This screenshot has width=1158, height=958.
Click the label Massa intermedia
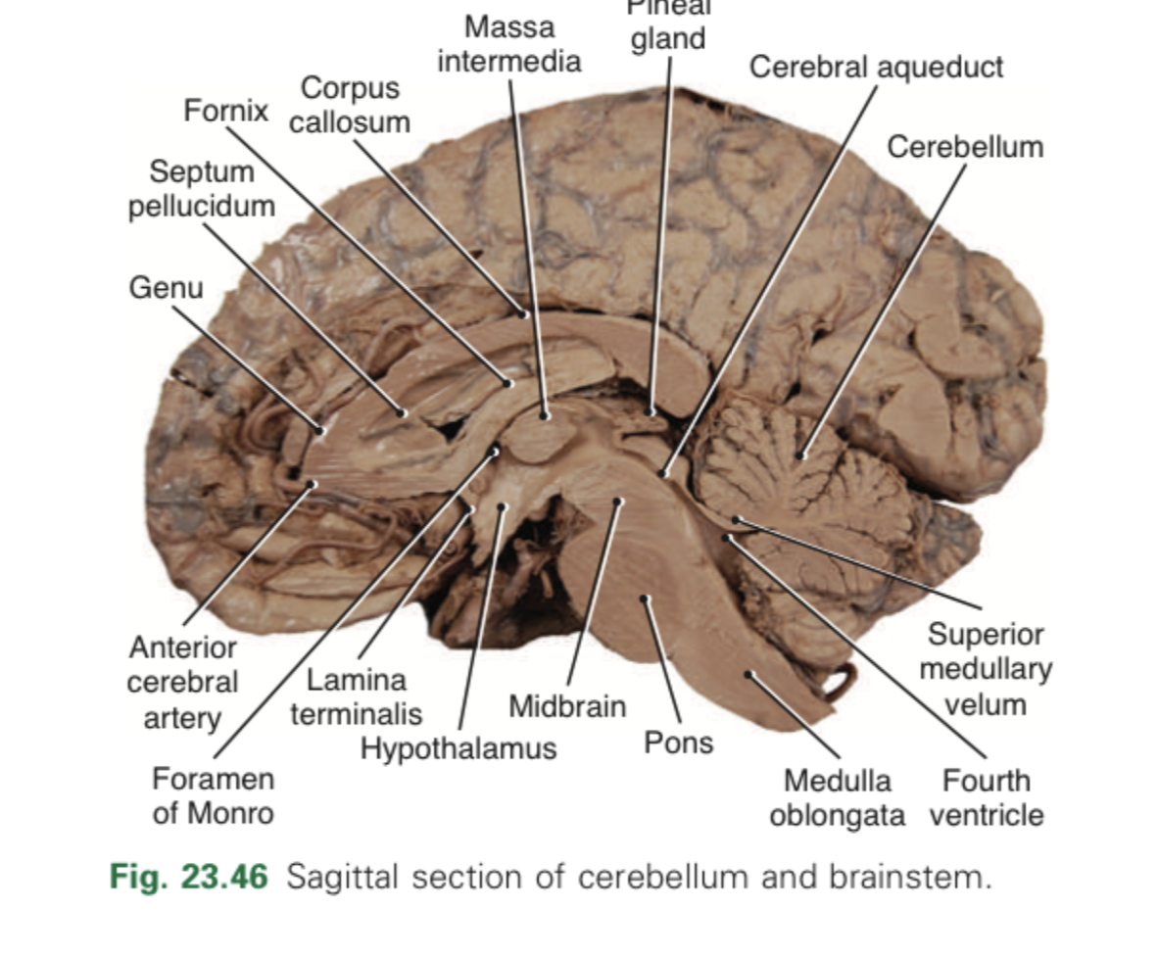[x=508, y=43]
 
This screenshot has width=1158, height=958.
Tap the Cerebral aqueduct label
[x=876, y=68]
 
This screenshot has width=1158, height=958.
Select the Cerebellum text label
[x=964, y=147]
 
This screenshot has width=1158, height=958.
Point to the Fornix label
[x=225, y=111]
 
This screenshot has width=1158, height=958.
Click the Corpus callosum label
[x=350, y=105]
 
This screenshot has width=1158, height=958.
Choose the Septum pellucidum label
[x=202, y=189]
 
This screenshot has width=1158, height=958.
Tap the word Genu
[x=166, y=288]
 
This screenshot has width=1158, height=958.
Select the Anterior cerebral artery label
[x=182, y=683]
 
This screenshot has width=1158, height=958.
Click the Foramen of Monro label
[x=213, y=796]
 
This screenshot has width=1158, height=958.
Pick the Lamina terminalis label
[x=356, y=695]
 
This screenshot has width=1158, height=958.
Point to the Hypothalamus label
[x=458, y=749]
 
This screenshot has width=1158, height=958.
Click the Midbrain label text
[x=567, y=706]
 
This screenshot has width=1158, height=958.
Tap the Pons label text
[x=678, y=742]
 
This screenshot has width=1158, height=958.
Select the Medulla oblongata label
[x=837, y=798]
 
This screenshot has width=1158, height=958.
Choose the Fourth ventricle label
[x=986, y=798]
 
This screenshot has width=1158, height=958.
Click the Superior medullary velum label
[x=986, y=669]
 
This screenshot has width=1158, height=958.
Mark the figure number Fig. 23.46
[x=188, y=877]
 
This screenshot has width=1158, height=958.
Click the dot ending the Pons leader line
[x=645, y=598]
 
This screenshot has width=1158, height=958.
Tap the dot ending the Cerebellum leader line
[x=800, y=455]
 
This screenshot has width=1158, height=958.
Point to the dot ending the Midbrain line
[x=618, y=502]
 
